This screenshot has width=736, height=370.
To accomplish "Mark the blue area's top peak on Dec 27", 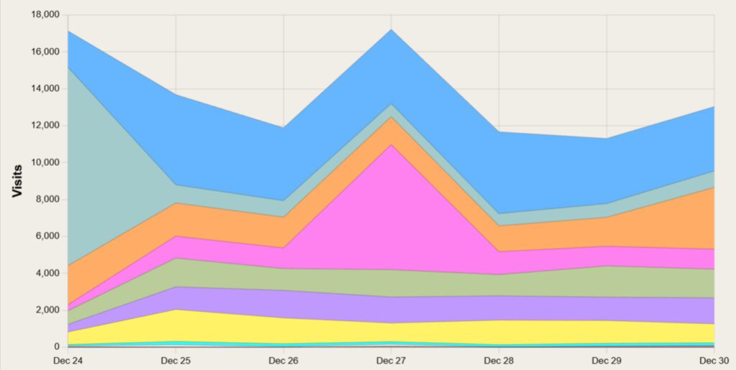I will pyautogui.click(x=391, y=29).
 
